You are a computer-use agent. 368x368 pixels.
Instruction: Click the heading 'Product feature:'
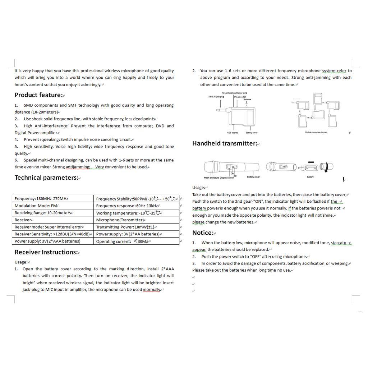(39, 95)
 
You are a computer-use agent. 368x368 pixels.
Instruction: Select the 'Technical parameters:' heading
(46, 178)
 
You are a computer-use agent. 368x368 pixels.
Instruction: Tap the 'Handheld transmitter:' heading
(225, 143)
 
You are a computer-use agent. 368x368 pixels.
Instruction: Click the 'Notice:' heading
(203, 233)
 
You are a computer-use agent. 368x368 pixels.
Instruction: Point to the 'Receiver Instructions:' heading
(46, 252)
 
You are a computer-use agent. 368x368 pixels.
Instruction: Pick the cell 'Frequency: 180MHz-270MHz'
(41, 198)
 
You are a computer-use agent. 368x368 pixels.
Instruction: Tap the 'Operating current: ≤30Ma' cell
(122, 241)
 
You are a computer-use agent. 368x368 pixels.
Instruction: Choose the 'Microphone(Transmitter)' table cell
(120, 220)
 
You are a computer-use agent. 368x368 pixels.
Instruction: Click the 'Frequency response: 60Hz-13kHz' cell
(127, 206)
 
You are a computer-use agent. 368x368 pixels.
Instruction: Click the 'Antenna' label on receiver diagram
(248, 99)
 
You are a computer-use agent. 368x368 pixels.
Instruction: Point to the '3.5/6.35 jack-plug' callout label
(216, 97)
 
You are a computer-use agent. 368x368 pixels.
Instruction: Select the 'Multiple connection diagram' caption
(316, 132)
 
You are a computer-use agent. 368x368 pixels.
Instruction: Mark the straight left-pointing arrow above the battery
(311, 162)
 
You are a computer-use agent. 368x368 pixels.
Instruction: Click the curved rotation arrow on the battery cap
(326, 167)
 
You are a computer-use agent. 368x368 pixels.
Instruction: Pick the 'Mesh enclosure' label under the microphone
(211, 178)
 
